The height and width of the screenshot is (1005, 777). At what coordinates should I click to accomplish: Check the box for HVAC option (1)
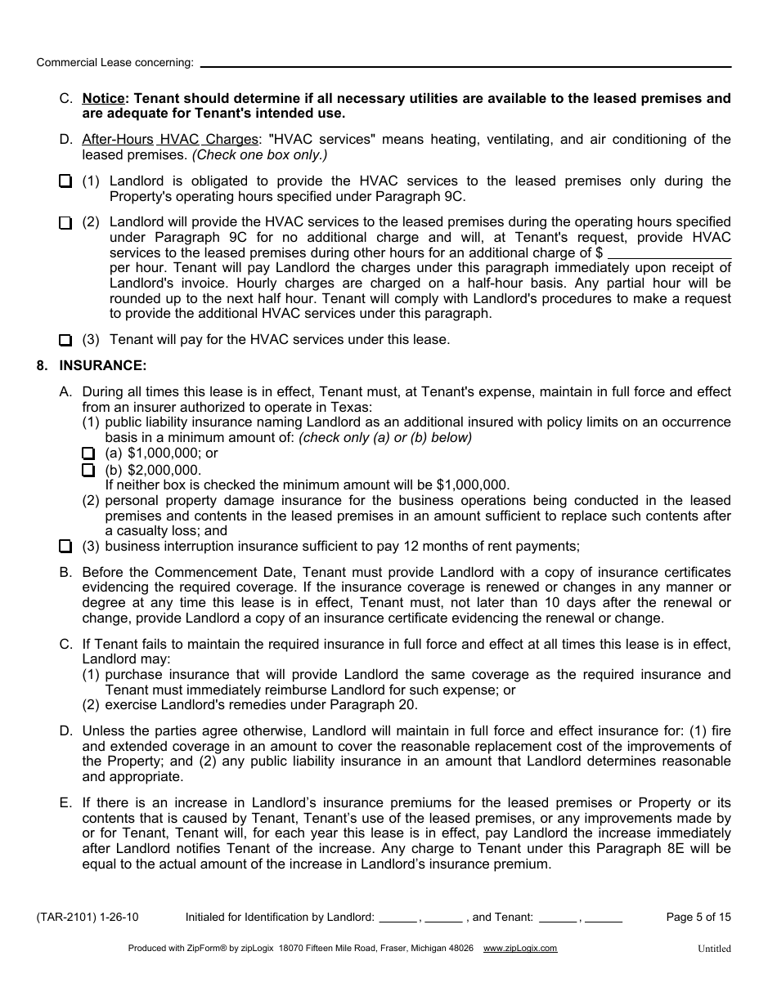tap(65, 181)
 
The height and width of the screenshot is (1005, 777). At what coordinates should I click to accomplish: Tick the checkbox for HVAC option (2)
tap(65, 222)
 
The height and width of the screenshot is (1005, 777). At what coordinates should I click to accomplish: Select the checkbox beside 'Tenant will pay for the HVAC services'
tap(65, 340)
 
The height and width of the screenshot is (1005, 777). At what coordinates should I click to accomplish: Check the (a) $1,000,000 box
tap(88, 453)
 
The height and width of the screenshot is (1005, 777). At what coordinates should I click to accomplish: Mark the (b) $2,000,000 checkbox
tap(88, 470)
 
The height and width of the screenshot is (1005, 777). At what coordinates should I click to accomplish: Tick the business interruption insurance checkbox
tap(65, 547)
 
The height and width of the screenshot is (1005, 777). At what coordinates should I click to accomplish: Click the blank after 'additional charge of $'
tap(669, 253)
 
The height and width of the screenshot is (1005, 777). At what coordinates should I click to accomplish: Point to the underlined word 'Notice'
tap(102, 99)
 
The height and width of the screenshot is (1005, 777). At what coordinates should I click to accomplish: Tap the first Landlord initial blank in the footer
tap(398, 918)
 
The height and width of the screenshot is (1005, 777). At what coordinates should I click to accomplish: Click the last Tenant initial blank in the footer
tap(604, 918)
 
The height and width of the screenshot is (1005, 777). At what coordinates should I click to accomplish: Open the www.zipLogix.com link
tap(520, 949)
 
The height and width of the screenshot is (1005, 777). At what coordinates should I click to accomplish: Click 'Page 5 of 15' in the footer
tap(698, 918)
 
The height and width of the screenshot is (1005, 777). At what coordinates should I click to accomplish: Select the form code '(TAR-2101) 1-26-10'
tap(88, 918)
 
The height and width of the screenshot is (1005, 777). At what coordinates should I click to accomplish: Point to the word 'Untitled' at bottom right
tap(714, 949)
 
